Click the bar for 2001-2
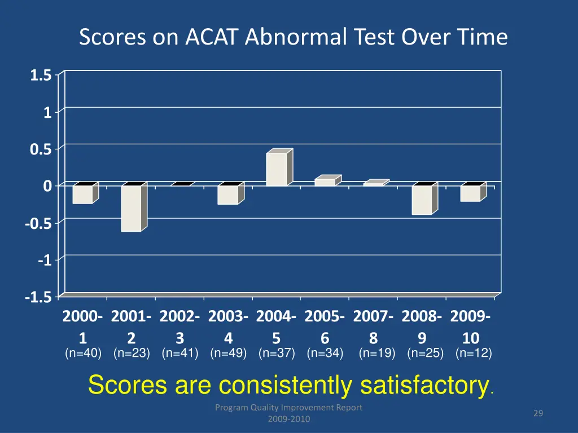point(132,208)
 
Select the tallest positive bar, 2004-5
point(277,169)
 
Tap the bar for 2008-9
point(422,200)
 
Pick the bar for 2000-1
point(82,195)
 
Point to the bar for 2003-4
point(228,195)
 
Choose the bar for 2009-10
point(470,193)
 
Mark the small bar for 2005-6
point(325,182)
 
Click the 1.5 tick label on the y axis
point(41,75)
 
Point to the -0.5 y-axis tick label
point(38,223)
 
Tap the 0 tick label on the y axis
point(47,186)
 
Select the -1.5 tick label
point(38,297)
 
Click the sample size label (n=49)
point(229,354)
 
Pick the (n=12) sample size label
point(474,354)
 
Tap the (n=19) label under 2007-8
point(377,354)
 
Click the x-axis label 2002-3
point(179,327)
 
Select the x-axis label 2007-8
point(373,327)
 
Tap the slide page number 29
point(538,414)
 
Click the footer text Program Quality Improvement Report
point(288,408)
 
